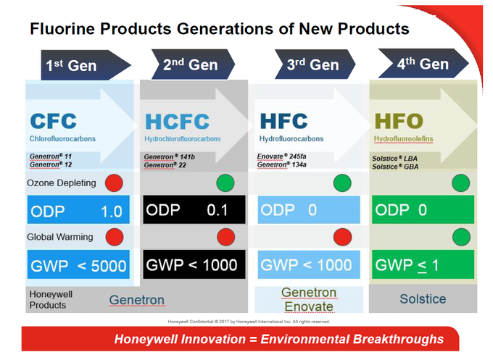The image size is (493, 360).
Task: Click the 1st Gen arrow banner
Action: coord(86,65)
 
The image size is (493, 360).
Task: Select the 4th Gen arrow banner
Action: coord(423,64)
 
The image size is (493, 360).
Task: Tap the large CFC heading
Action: coord(54,121)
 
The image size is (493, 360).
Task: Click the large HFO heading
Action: coord(399,121)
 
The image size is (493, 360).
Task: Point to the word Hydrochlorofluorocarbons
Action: coord(183,139)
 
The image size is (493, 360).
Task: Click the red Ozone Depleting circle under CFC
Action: coord(114,183)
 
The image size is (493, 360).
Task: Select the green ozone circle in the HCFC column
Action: coord(225,183)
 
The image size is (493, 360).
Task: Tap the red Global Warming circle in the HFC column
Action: coord(342,237)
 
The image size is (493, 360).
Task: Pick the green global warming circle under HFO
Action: coord(461,237)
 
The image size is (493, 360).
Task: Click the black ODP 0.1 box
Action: coord(194,209)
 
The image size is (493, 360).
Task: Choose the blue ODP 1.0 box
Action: coord(78,209)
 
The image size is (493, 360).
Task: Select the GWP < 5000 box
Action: coord(78,264)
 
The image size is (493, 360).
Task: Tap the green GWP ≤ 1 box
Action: coord(423,264)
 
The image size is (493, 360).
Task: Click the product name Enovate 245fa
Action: coord(281,156)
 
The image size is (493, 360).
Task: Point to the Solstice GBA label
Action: coord(395,167)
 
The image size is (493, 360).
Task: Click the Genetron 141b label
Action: coord(169,156)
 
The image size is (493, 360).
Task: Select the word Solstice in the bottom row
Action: coord(423,298)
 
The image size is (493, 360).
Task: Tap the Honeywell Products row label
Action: coord(47,300)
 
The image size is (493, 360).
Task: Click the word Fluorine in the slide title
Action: coord(62,28)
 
